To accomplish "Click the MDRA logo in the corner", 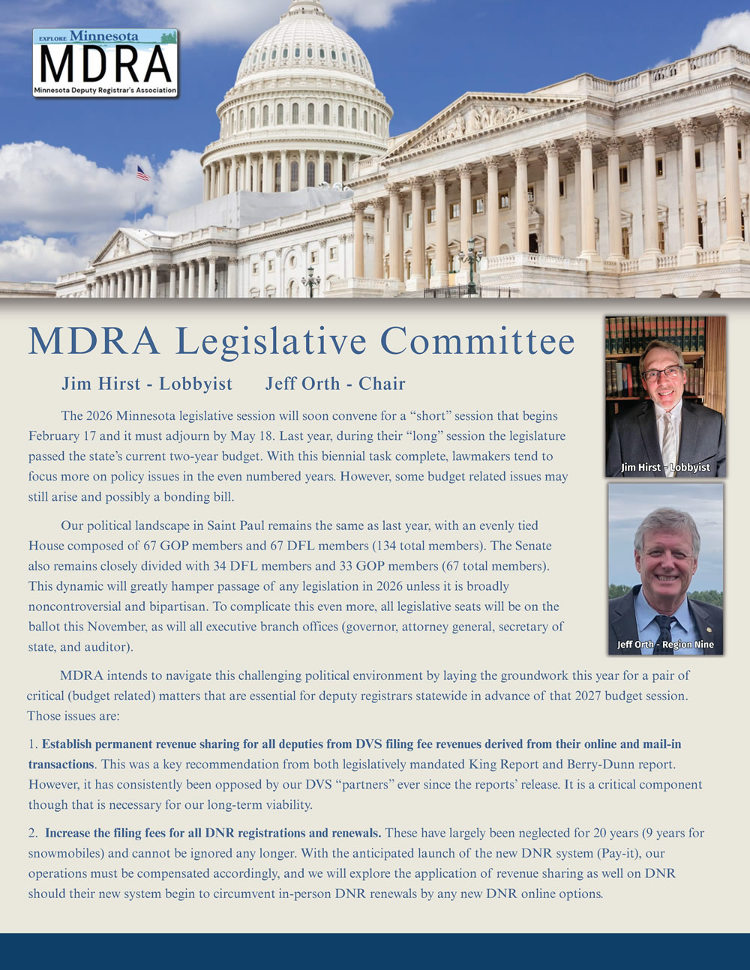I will point(105,63).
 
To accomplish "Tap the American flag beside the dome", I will point(142,173).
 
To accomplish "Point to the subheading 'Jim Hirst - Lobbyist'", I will point(147,384).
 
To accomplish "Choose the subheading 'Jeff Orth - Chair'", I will point(335,384).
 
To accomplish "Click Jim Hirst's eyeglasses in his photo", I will point(662,373).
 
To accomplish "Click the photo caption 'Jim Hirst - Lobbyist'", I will point(665,467).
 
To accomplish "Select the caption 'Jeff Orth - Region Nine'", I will point(665,644).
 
